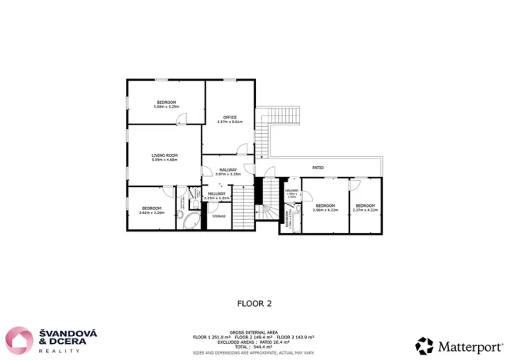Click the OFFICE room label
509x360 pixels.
[x=229, y=117]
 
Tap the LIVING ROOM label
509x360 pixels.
[x=165, y=155]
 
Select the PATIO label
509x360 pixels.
[x=317, y=167]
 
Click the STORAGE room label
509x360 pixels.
[x=218, y=216]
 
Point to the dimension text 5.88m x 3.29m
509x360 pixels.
[x=166, y=107]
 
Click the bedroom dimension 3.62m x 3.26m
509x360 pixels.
[x=151, y=212]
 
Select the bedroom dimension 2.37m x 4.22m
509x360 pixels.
[x=364, y=209]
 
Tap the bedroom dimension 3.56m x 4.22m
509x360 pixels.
[x=325, y=209]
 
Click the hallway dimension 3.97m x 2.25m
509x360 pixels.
[x=228, y=174]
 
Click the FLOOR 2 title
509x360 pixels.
[x=254, y=303]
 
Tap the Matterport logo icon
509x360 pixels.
[x=424, y=345]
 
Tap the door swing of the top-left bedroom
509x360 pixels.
[x=181, y=119]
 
